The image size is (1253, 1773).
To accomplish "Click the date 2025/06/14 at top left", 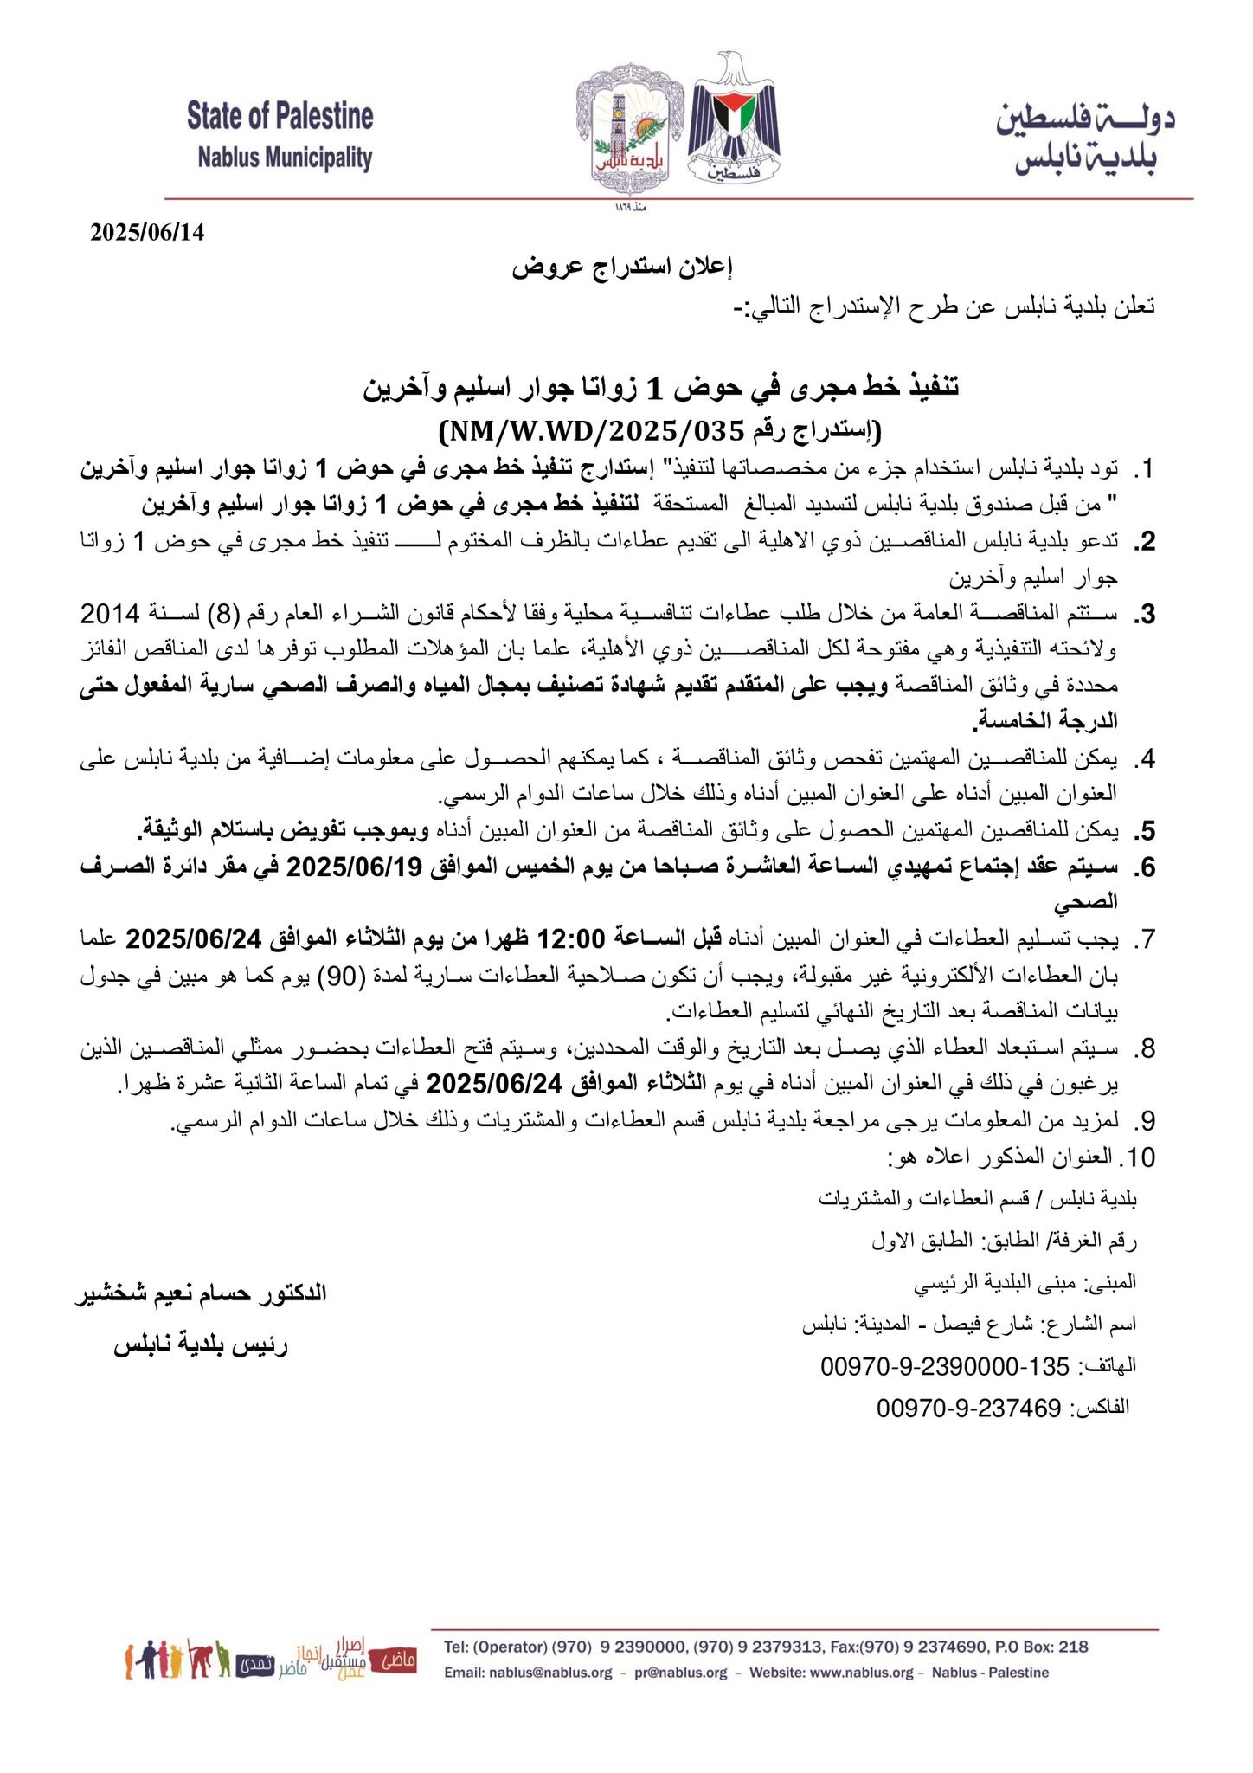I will click(x=148, y=233).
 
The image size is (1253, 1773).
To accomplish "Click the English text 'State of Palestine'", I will click(x=280, y=117).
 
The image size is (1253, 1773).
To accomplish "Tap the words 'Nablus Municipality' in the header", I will click(x=285, y=158).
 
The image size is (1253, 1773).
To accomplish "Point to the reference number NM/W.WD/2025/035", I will click(x=593, y=429).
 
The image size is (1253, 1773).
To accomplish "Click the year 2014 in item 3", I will click(x=109, y=615).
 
